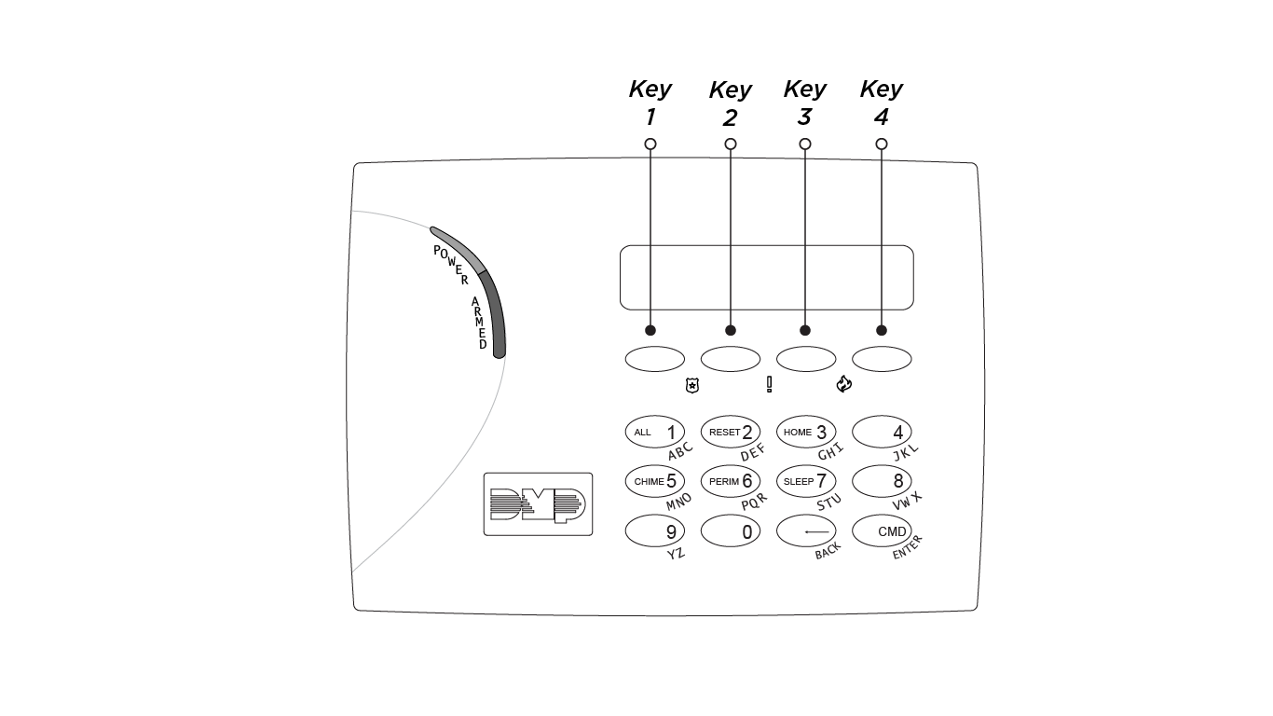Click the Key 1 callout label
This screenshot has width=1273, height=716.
tap(650, 103)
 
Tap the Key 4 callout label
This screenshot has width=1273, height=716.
tap(881, 103)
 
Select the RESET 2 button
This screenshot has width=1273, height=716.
tap(730, 433)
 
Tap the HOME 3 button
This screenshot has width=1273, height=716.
tap(806, 433)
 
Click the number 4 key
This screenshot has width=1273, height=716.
tap(882, 433)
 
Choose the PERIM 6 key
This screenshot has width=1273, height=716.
tap(730, 482)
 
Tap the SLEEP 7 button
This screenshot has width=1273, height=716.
tap(806, 482)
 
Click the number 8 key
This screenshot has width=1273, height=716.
tap(882, 482)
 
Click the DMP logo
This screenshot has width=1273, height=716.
tap(538, 504)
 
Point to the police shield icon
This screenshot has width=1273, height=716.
tap(691, 385)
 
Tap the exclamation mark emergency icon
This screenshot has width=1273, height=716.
tap(769, 384)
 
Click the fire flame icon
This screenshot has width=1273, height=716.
tap(844, 384)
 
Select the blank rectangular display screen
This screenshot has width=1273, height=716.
tap(766, 278)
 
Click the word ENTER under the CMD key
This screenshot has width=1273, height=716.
tap(907, 547)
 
